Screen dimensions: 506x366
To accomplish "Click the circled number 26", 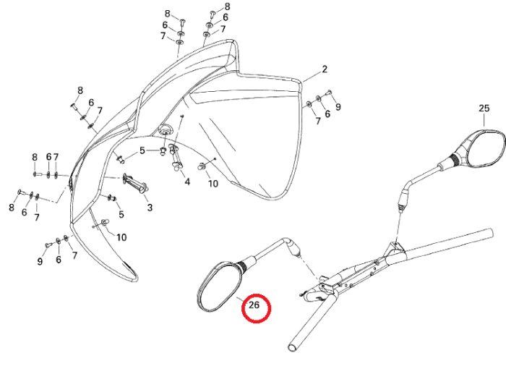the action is [254, 305].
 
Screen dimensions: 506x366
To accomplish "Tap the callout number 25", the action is [484, 108].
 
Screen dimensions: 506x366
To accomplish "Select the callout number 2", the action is [325, 69].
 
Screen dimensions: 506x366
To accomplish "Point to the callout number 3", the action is [150, 208].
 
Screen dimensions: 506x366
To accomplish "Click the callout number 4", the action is [187, 182].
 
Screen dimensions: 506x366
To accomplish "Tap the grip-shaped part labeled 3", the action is [134, 185].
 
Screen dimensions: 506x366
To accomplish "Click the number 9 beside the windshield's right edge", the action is [338, 106].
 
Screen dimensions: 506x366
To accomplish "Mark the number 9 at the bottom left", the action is [40, 261].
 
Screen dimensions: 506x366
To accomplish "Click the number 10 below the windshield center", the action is [213, 184].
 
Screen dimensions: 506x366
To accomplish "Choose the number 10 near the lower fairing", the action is [121, 237].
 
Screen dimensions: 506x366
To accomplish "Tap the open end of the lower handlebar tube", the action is [292, 347].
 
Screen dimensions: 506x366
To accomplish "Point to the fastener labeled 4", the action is [176, 158].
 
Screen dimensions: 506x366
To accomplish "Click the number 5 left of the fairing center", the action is [142, 150].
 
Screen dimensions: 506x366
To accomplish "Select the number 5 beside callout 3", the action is [121, 214].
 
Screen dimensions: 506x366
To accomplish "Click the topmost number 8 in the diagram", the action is [228, 7].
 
